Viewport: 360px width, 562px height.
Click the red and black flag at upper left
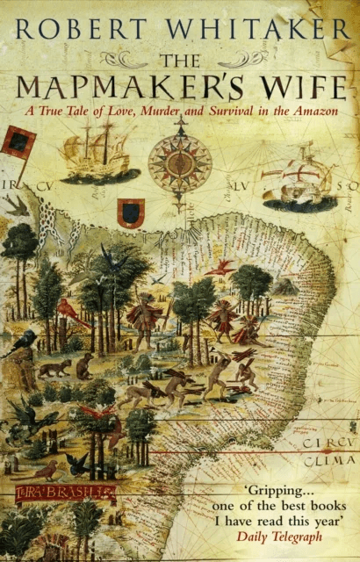[17, 141]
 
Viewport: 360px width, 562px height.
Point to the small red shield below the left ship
[131, 212]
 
